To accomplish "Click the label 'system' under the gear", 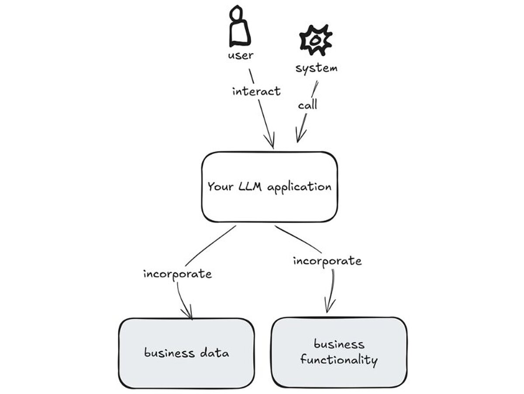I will [316, 69].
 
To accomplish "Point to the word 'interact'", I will [256, 91].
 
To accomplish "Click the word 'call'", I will [307, 105].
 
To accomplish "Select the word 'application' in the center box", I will [300, 188].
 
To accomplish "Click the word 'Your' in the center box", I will [221, 187].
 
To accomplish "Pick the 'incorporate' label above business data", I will [177, 274].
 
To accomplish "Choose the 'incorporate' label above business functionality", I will [327, 261].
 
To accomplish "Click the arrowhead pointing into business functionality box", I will [328, 309].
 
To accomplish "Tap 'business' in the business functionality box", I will [339, 344].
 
